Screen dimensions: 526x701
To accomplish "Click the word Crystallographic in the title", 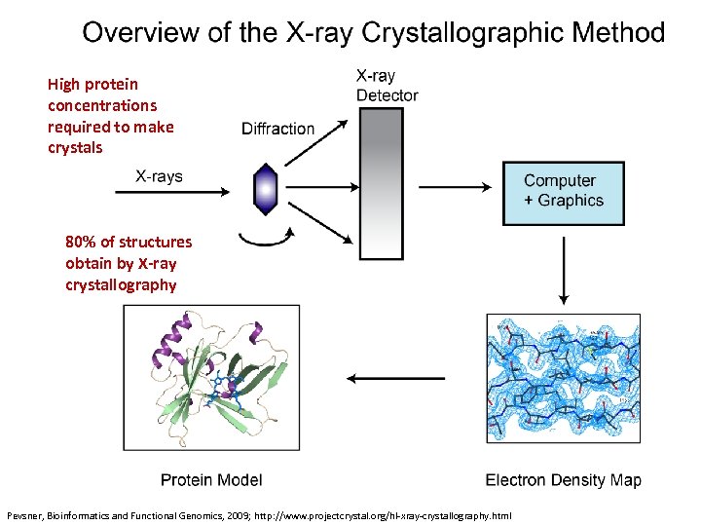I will click(466, 33).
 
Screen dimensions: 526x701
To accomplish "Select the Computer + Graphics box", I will click(563, 191).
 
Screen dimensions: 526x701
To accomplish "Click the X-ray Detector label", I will click(387, 85).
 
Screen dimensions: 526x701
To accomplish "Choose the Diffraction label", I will click(277, 129).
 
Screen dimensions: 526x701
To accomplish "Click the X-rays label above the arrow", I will click(159, 176).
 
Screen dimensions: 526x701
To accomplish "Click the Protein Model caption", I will click(211, 480).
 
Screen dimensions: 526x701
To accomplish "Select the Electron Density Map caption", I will click(563, 480).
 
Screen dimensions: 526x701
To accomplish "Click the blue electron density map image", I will click(563, 378).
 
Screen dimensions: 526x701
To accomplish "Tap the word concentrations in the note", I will click(102, 105).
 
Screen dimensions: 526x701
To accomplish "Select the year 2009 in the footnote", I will click(235, 514).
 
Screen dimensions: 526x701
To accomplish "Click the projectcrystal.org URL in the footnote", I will click(389, 514).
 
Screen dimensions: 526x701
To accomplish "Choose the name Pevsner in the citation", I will click(23, 514).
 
